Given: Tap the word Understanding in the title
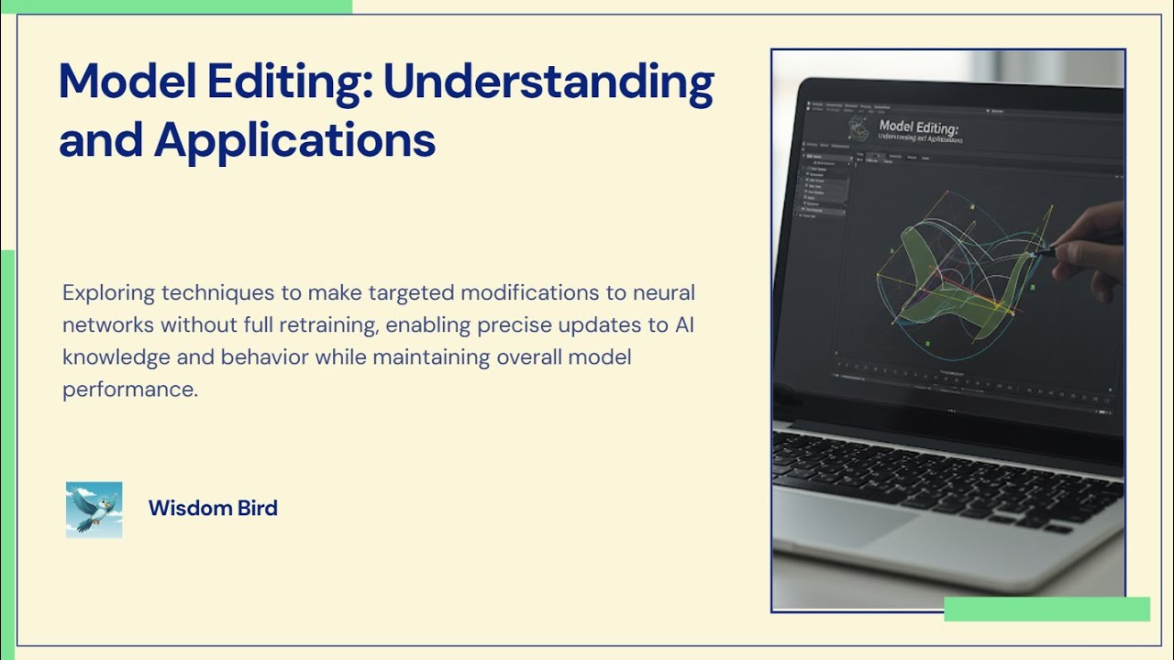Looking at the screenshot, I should [x=548, y=83].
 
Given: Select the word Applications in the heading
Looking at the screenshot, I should [x=294, y=140].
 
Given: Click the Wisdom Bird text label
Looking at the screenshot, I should [x=213, y=508].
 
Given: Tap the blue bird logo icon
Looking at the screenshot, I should [x=94, y=510].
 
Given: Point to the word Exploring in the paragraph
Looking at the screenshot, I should [x=108, y=293].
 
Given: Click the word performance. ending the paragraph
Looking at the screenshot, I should [x=129, y=389].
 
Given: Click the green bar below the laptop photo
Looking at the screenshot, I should [x=1047, y=609].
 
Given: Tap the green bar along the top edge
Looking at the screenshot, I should [x=175, y=6].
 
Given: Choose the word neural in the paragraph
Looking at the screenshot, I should [x=667, y=293].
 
